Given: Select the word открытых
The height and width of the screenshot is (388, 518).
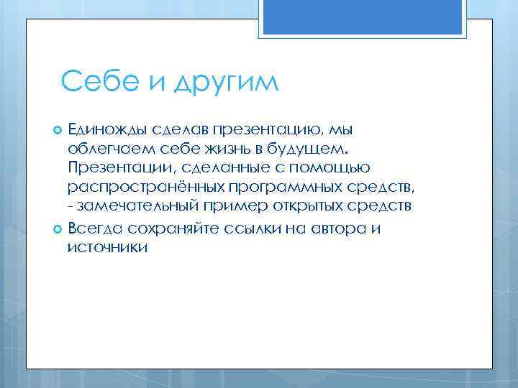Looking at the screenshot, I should tap(305, 207).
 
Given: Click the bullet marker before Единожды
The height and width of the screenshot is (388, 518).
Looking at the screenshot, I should tap(58, 129).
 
